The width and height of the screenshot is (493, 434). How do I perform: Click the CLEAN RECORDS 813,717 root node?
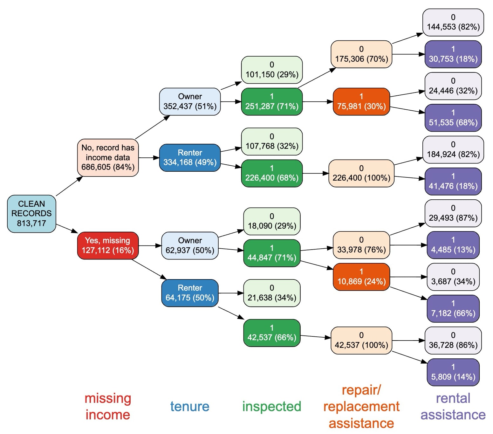click(x=31, y=214)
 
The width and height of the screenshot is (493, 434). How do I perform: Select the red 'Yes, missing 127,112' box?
click(x=108, y=245)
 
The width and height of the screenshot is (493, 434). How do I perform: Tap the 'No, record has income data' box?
click(x=108, y=157)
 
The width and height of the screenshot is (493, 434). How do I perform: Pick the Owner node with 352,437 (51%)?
click(x=190, y=101)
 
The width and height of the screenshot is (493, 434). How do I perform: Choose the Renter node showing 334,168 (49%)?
click(x=190, y=158)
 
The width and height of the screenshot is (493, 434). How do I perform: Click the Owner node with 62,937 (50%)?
click(x=190, y=245)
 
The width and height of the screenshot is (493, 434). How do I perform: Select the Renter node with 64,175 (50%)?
click(x=190, y=293)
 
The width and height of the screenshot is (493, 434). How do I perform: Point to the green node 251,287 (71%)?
click(x=272, y=101)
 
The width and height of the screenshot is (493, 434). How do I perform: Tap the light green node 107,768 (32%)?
click(x=272, y=141)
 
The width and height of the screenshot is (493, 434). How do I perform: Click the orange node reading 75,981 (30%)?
click(x=361, y=101)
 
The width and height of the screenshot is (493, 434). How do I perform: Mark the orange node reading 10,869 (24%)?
click(x=361, y=277)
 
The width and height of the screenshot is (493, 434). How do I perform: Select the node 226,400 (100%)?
click(x=361, y=173)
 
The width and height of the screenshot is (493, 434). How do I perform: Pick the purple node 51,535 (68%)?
click(x=453, y=118)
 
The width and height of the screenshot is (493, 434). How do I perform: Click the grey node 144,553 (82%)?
click(x=453, y=22)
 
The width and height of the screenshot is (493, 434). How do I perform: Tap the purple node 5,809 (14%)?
click(x=453, y=372)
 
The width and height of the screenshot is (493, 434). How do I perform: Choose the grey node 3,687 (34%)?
click(x=453, y=277)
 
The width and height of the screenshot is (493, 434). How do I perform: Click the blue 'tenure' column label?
click(x=190, y=406)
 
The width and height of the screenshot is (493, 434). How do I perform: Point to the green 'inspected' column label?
click(x=272, y=406)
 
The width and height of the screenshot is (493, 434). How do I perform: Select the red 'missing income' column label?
click(x=108, y=406)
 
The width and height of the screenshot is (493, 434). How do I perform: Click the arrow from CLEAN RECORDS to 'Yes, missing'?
click(x=66, y=228)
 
